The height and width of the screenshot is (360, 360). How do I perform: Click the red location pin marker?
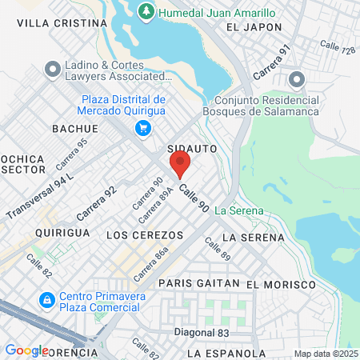click(180, 165)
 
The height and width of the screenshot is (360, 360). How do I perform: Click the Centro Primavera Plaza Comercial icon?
click(47, 300)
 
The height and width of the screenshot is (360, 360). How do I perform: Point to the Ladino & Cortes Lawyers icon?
click(54, 70)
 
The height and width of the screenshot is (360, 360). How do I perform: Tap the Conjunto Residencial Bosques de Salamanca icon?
click(297, 78)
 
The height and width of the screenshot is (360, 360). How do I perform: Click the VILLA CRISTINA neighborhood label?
click(62, 24)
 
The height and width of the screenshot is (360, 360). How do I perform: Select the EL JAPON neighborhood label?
click(254, 27)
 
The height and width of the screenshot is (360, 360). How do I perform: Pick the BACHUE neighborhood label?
click(74, 128)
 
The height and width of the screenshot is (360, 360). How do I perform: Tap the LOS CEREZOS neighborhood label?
click(145, 235)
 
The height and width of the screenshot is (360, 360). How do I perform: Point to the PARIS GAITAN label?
click(198, 283)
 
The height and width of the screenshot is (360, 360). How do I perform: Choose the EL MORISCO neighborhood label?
click(277, 284)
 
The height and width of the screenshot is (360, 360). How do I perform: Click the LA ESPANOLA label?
click(226, 353)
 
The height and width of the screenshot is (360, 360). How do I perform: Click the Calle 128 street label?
click(337, 50)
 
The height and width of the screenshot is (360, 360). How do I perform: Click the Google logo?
click(26, 350)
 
